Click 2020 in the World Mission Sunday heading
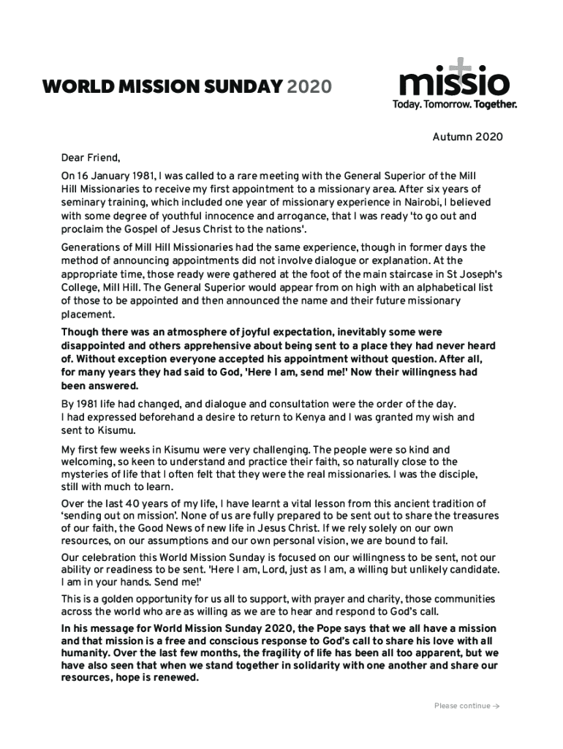pos(309,88)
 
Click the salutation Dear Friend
pos(90,157)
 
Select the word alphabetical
pos(414,288)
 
